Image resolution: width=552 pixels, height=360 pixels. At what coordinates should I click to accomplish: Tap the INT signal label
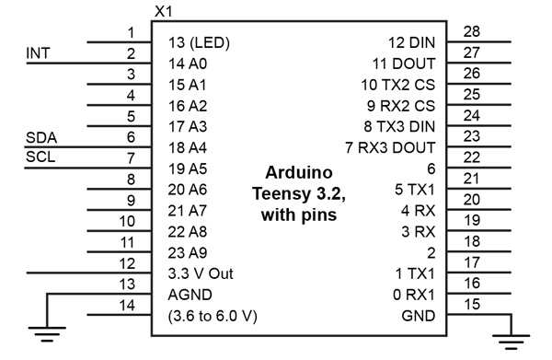click(38, 53)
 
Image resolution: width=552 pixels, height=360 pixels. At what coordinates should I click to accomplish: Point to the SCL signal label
click(40, 157)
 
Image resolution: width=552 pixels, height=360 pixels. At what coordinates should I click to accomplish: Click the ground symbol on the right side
click(512, 337)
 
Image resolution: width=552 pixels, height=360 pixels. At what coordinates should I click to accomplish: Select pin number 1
click(132, 33)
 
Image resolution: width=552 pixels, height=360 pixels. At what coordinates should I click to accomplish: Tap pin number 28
click(472, 32)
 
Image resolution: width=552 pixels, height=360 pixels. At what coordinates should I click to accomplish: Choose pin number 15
click(472, 304)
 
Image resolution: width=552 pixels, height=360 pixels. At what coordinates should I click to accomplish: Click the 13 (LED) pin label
click(200, 43)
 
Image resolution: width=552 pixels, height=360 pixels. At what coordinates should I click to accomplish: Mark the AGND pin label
click(190, 295)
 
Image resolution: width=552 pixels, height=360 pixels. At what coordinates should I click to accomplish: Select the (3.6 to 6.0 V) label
click(213, 316)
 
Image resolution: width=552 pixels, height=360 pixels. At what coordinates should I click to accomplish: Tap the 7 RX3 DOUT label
click(390, 147)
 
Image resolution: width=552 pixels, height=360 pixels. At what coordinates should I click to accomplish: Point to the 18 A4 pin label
click(189, 147)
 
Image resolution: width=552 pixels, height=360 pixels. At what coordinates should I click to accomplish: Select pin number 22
click(472, 157)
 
